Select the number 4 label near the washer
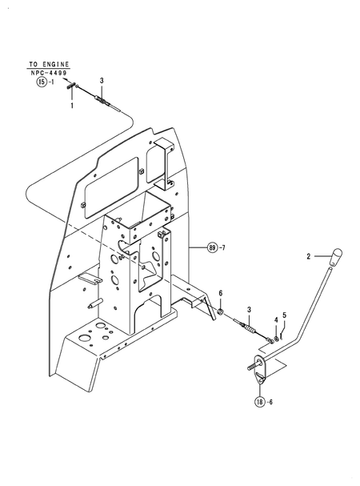[x=276, y=320]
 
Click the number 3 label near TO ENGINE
[x=102, y=81]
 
